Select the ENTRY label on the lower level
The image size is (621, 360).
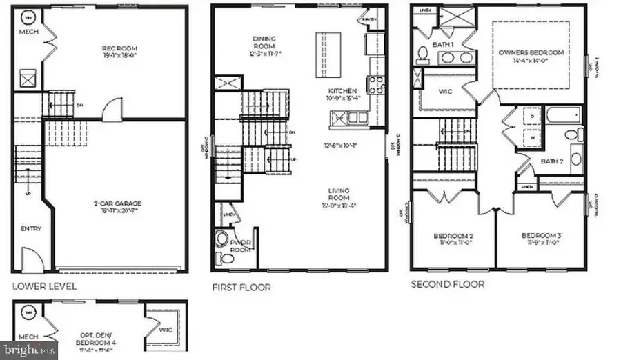(30, 228)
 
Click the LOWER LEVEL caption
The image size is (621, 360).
(44, 286)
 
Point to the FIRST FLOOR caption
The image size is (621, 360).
(241, 287)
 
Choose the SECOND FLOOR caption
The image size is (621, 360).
(447, 283)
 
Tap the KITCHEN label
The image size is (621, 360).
(342, 90)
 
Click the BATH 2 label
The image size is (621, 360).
(551, 161)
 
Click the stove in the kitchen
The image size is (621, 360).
(376, 84)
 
